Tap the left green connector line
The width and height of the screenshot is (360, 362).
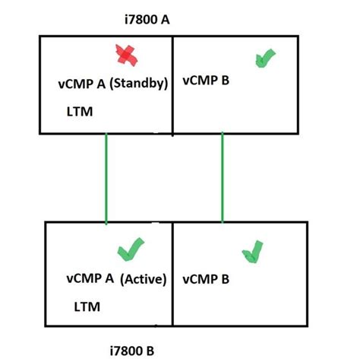click(x=106, y=178)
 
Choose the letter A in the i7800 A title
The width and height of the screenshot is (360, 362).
click(x=163, y=17)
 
